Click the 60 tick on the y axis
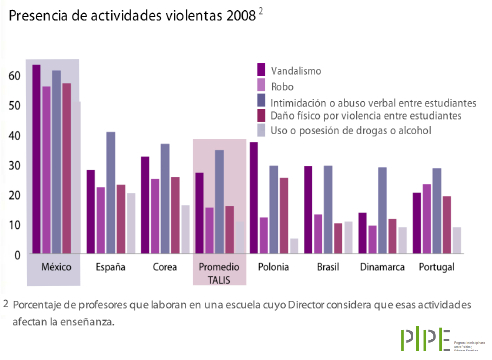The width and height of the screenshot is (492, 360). tap(14, 76)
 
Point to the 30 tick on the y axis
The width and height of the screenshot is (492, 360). tap(14, 165)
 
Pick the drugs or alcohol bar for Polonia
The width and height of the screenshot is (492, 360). tap(294, 246)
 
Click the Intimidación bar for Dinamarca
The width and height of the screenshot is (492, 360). tap(382, 210)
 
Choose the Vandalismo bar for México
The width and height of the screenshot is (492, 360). tap(36, 159)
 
